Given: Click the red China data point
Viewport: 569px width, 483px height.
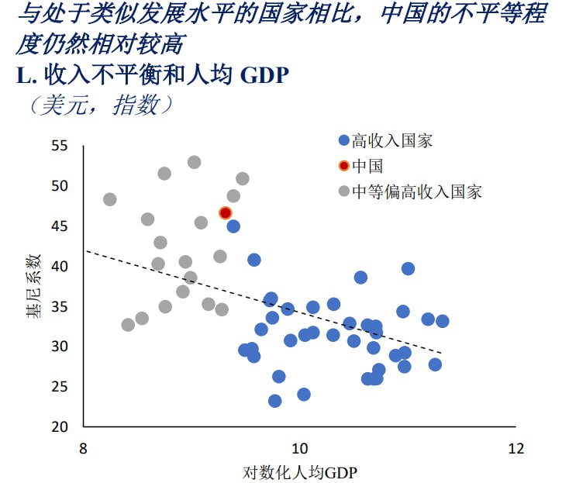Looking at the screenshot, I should (226, 212).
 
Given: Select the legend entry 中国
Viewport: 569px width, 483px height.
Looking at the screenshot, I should (367, 165).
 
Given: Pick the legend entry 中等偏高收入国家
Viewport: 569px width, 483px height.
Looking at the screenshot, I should (416, 191).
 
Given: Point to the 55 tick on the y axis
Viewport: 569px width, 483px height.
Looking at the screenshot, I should (60, 146).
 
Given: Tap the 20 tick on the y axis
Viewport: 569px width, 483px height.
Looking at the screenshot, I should (60, 426).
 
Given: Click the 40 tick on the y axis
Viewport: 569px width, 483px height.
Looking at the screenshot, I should (60, 266).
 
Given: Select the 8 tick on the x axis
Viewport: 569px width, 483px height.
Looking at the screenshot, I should (83, 448).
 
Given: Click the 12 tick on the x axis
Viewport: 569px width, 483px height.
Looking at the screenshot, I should (516, 448).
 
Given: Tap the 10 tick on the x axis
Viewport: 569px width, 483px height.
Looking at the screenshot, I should (299, 448).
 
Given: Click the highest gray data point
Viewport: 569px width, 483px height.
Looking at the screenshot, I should (194, 162).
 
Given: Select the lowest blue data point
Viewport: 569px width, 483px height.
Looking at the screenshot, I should (274, 401).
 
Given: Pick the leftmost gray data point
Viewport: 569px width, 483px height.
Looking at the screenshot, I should (109, 199).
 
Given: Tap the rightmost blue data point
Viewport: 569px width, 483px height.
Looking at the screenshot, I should (442, 321).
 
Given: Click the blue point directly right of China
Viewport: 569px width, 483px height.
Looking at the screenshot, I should (233, 226).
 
